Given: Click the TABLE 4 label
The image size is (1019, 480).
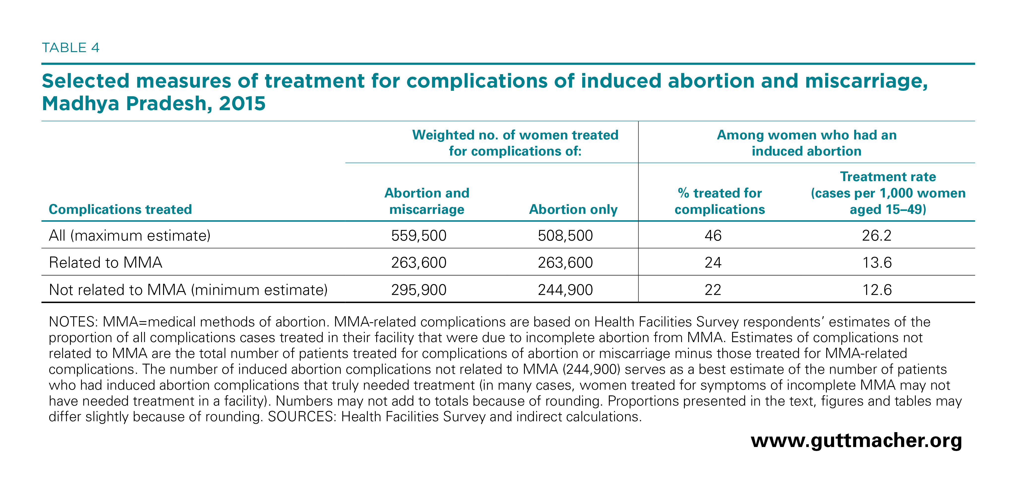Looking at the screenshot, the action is pos(70,48).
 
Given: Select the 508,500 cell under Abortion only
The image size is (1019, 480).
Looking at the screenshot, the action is pos(565,236).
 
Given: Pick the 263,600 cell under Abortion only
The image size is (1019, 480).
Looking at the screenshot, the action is pos(565,262).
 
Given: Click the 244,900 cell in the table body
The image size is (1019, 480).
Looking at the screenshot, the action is pos(565,290).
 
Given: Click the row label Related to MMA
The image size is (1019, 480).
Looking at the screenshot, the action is pos(106,262).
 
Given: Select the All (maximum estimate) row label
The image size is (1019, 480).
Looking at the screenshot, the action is pos(130,236).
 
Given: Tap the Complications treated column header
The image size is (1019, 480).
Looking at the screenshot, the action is pos(120,209).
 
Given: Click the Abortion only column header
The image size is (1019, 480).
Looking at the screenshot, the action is pos(573,209).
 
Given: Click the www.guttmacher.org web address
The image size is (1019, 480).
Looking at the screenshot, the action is pos(856,441).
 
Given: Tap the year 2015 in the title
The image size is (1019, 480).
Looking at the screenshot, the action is pos(242,104).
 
